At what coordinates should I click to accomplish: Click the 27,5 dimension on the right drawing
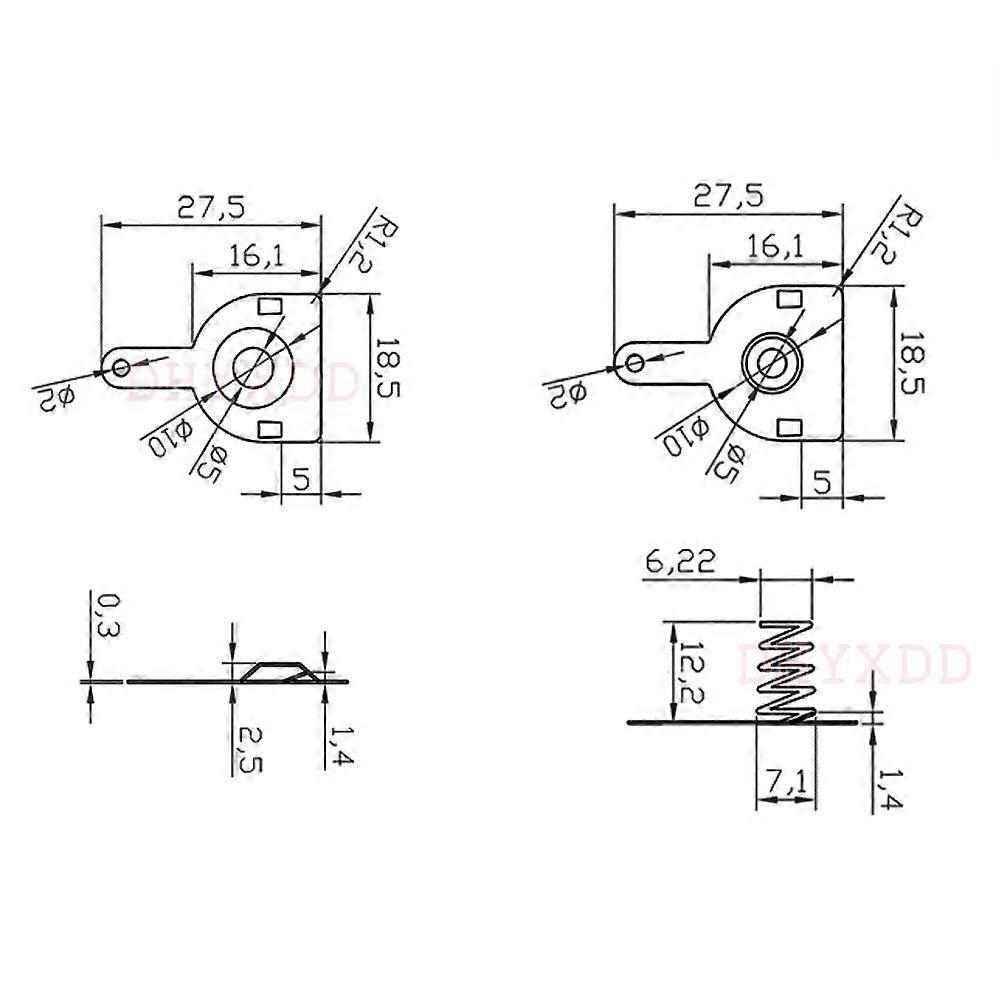[x=729, y=195]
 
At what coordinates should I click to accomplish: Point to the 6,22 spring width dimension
[x=680, y=562]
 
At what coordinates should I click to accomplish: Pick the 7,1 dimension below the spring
[x=785, y=786]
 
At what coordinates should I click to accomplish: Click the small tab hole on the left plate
[x=121, y=367]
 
